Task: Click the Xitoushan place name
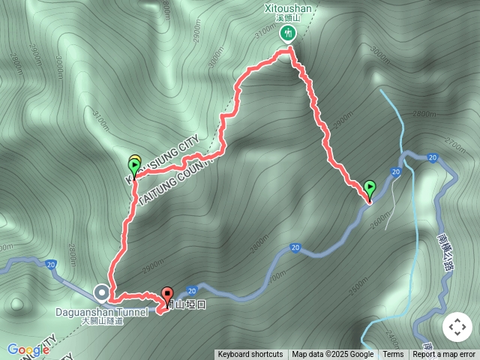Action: click(x=288, y=8)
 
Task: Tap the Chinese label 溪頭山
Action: click(x=288, y=18)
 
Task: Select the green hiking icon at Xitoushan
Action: click(x=288, y=32)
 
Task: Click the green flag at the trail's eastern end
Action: click(x=369, y=187)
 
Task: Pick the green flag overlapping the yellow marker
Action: click(x=135, y=166)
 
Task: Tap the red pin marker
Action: click(x=166, y=295)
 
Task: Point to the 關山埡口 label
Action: click(x=183, y=304)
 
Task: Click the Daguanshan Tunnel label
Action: click(x=101, y=311)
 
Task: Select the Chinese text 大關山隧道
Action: click(x=101, y=321)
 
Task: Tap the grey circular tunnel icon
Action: click(x=101, y=292)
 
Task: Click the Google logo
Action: click(x=28, y=349)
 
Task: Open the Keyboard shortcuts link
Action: click(x=250, y=355)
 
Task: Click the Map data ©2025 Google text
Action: click(x=332, y=355)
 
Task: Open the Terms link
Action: click(x=393, y=355)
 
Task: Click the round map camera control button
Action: click(x=457, y=327)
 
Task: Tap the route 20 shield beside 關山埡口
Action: click(x=192, y=291)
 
